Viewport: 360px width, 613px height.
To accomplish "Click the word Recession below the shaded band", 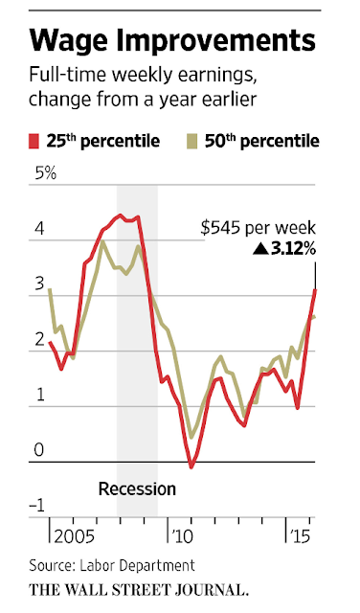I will point(138,489).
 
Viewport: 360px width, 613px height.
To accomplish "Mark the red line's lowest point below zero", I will point(191,467).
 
